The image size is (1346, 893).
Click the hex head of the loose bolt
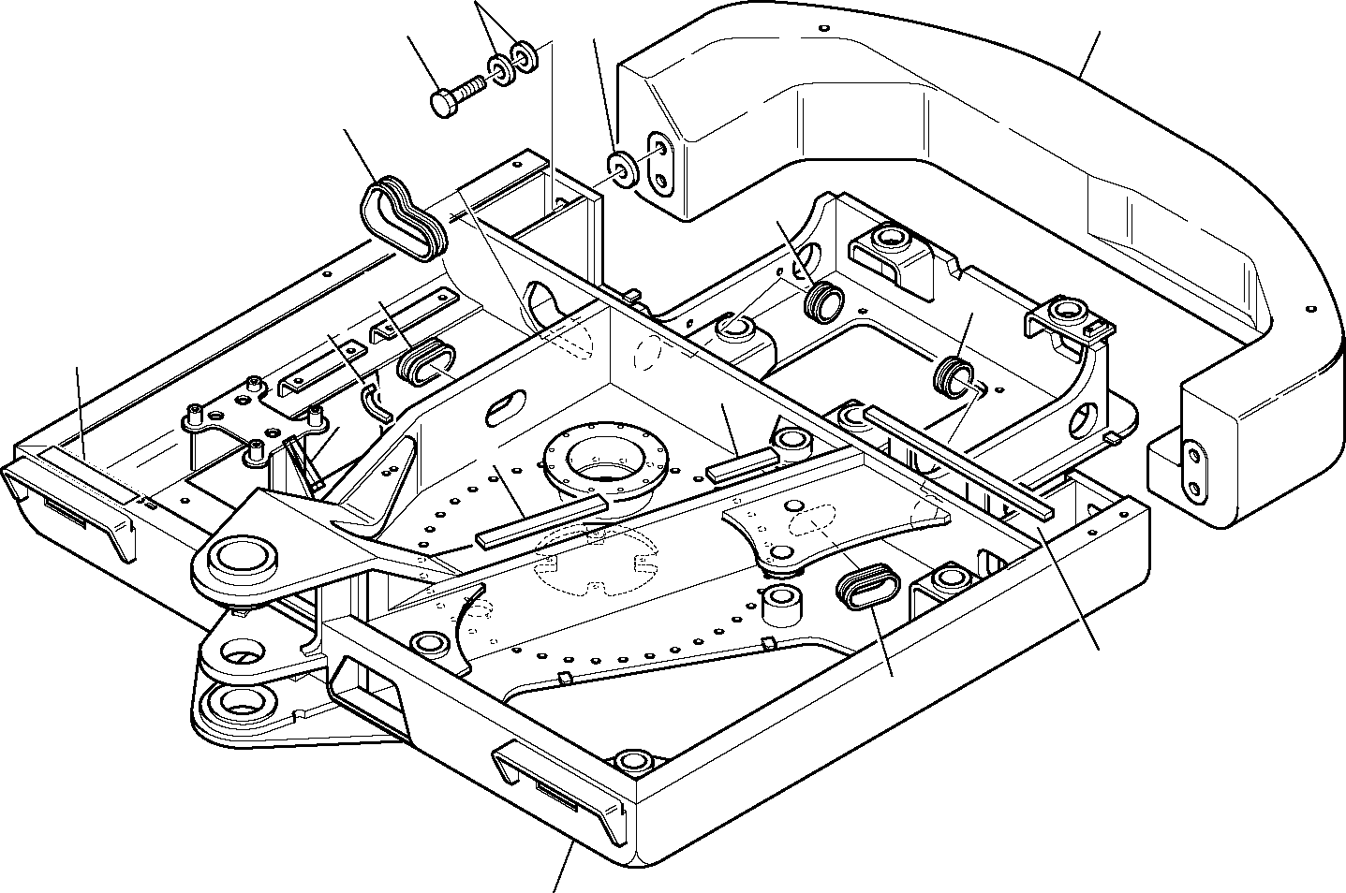click(445, 101)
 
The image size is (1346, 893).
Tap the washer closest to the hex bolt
click(503, 70)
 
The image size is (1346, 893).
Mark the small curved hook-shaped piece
click(375, 401)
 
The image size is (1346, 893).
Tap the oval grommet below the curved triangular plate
click(867, 588)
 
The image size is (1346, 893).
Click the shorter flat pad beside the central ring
click(743, 464)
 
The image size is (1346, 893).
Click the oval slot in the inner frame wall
click(505, 405)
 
